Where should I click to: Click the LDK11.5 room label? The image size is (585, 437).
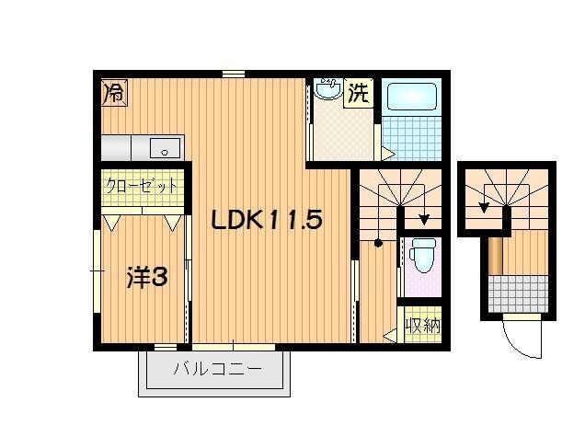click(268, 221)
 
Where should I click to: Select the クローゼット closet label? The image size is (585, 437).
click(141, 185)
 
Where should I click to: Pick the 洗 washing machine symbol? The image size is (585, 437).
click(360, 94)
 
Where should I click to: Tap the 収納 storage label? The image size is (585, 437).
click(422, 326)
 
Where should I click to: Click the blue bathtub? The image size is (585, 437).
click(411, 98)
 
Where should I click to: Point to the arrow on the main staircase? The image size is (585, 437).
click(422, 219)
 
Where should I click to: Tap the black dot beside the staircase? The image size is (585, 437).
click(378, 244)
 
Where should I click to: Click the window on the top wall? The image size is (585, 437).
click(233, 73)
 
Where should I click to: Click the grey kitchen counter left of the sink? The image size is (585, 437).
click(117, 147)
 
